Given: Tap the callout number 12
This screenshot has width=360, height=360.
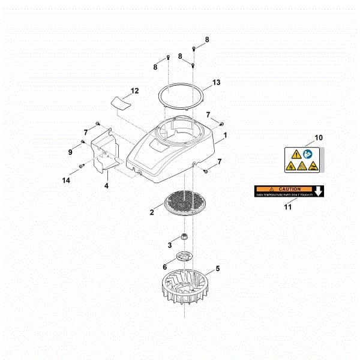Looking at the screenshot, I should pyautogui.click(x=134, y=91).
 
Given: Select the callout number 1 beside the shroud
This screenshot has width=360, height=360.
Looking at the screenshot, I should pyautogui.click(x=225, y=136).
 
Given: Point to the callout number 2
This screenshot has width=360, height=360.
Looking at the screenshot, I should pyautogui.click(x=152, y=212).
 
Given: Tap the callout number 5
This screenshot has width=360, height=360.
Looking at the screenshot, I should pyautogui.click(x=217, y=269).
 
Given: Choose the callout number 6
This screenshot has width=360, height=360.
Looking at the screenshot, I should pyautogui.click(x=164, y=268).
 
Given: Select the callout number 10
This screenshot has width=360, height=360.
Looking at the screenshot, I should pyautogui.click(x=319, y=137).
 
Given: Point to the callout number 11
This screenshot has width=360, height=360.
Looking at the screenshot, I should pyautogui.click(x=287, y=207).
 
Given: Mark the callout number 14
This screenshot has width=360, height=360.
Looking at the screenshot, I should pyautogui.click(x=67, y=180).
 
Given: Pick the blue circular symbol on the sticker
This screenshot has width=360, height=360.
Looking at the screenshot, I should pyautogui.click(x=307, y=154).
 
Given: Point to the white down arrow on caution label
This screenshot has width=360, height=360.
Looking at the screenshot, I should pyautogui.click(x=319, y=191).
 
